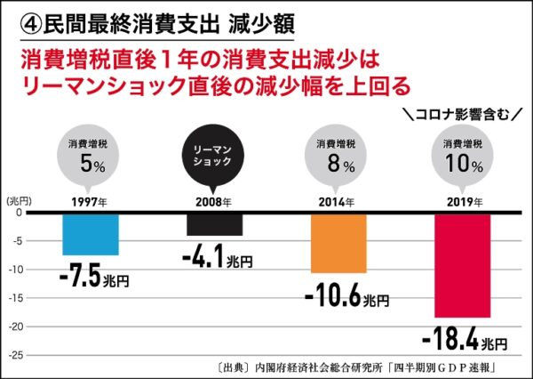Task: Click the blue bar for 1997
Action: click(91, 234)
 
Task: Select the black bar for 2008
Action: click(214, 224)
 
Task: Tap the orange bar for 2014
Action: click(338, 243)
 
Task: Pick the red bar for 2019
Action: click(462, 265)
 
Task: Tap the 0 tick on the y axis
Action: click(18, 213)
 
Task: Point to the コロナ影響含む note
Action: click(462, 114)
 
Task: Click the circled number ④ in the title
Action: click(19, 20)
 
